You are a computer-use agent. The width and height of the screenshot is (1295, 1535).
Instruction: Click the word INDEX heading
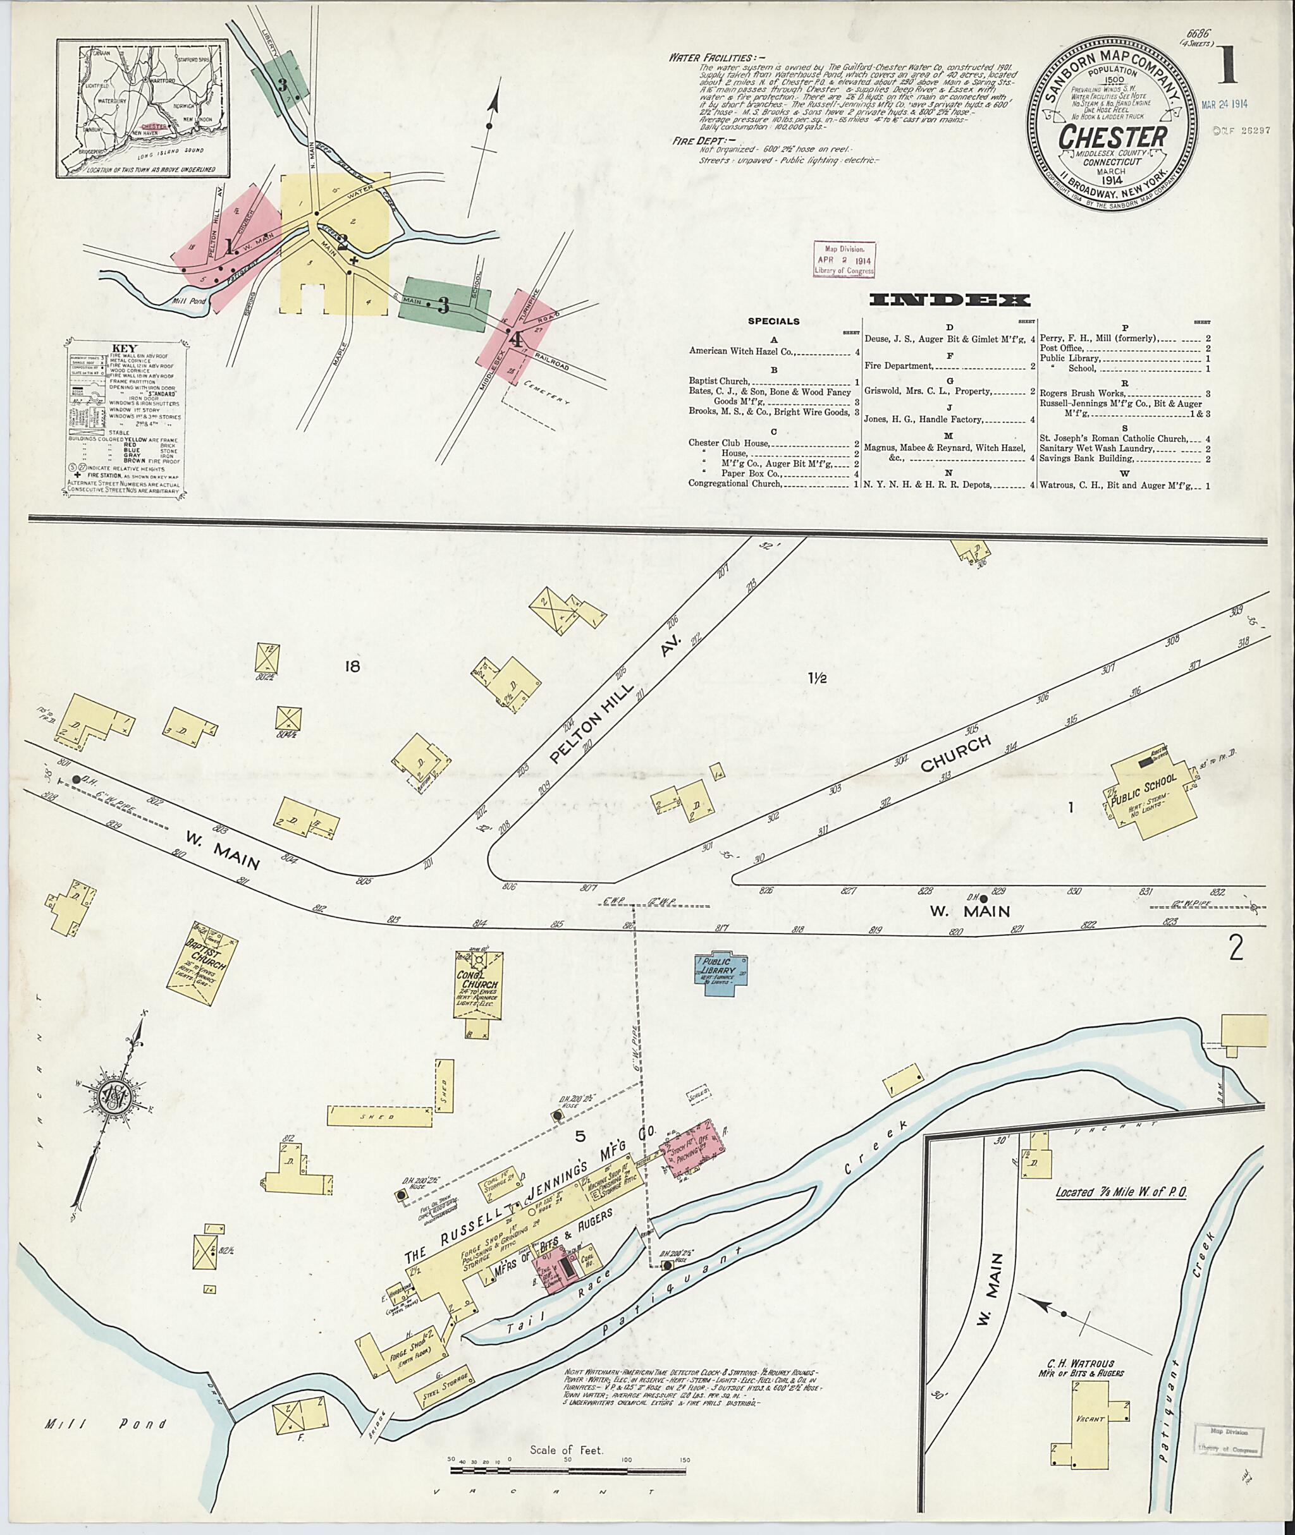949,300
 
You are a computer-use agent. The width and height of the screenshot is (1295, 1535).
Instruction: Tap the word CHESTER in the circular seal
1112,138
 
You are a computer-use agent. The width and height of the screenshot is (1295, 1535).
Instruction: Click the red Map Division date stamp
844,260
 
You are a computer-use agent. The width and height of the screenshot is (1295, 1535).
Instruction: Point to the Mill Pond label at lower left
104,1425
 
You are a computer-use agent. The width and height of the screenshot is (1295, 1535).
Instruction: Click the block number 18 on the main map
353,666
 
